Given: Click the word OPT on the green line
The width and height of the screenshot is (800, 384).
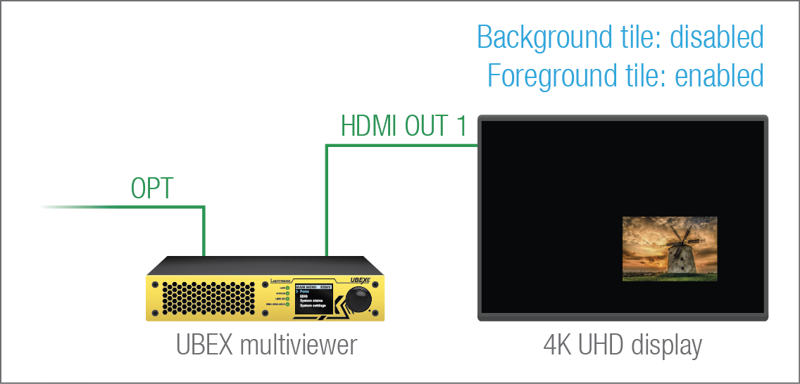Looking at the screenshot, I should coord(152,188).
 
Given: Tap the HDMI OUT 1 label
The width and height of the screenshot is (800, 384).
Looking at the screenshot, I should coord(404,127).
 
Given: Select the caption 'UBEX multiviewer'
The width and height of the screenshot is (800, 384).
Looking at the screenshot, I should coord(266,345).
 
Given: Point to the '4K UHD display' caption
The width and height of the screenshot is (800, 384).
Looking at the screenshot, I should coord(623,345).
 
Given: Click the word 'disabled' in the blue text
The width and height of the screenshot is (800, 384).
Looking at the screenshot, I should coord(717,37).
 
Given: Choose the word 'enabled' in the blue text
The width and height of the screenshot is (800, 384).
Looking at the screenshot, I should coord(720,75).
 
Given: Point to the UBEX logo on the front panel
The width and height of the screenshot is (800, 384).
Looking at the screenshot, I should coord(359,279).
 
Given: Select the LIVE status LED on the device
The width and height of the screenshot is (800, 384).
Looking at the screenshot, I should coord(287,288).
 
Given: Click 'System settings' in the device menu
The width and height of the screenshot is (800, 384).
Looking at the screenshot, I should coord(313,307).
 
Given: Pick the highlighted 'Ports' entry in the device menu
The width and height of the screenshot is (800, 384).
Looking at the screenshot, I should coord(305,292).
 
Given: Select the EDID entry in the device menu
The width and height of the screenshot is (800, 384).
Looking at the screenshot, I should coord(304,297).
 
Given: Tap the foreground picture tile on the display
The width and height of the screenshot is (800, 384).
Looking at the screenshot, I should coord(670,249).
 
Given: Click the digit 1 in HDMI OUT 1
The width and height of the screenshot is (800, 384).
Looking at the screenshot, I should coord(461,127).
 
